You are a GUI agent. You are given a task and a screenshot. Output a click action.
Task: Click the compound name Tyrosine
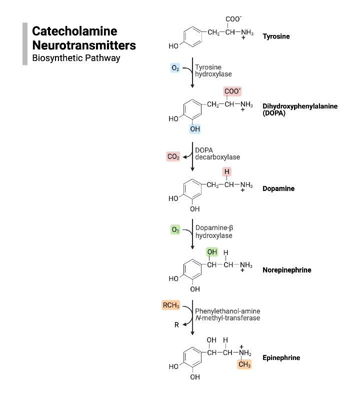pos(276,36)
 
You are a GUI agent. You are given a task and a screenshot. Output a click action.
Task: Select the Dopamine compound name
pos(278,189)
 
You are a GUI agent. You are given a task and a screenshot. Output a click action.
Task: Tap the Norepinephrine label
pos(286,270)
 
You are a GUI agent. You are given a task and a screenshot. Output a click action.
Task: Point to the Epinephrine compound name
pos(280,358)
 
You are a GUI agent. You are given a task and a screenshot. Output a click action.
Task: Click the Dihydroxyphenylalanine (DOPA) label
pos(292,109)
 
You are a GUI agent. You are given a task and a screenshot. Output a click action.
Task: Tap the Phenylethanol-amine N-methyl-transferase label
pos(227,314)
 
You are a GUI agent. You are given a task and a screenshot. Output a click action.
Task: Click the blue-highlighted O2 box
pos(175,68)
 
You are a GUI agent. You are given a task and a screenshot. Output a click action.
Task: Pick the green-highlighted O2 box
pos(175,230)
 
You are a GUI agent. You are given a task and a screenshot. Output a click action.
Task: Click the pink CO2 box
pos(173,157)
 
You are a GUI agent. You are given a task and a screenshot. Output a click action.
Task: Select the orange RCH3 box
pos(170,305)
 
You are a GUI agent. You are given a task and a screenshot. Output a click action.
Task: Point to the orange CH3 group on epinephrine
pos(244,365)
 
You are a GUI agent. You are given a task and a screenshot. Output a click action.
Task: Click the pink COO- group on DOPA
pos(232,91)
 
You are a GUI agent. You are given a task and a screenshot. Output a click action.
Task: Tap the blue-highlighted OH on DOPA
pos(195,129)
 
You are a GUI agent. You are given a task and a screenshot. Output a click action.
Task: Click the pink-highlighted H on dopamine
pos(227,172)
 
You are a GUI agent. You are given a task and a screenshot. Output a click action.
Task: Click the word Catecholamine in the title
pos(74,31)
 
